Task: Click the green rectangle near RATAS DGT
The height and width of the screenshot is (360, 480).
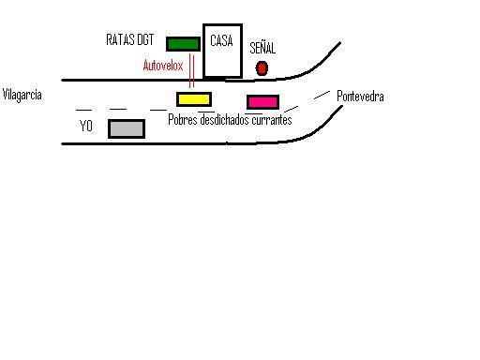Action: point(183,43)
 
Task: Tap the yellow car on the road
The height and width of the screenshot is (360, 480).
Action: point(194,98)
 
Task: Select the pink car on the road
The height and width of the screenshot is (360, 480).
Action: point(262,101)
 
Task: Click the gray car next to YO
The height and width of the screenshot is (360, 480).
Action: point(127,128)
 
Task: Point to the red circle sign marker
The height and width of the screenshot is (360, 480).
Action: point(262,67)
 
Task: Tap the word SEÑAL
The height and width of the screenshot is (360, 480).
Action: point(262,48)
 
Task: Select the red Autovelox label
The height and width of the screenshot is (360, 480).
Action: point(163,66)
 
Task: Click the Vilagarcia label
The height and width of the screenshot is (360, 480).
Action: point(22,95)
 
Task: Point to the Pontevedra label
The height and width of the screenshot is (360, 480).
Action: point(360,97)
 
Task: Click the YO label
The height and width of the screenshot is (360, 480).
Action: point(86,126)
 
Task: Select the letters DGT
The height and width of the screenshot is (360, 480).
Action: point(145,40)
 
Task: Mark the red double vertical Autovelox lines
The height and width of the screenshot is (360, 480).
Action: point(191,68)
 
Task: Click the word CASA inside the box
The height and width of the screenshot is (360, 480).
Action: point(221,41)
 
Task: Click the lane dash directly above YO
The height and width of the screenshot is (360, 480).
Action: point(83,110)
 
